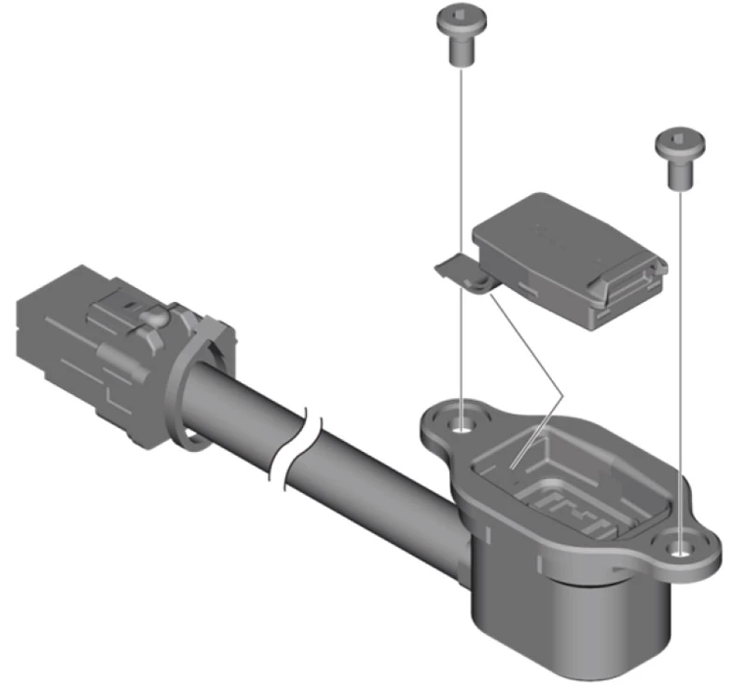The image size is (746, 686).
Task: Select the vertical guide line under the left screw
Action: coord(461,233)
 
